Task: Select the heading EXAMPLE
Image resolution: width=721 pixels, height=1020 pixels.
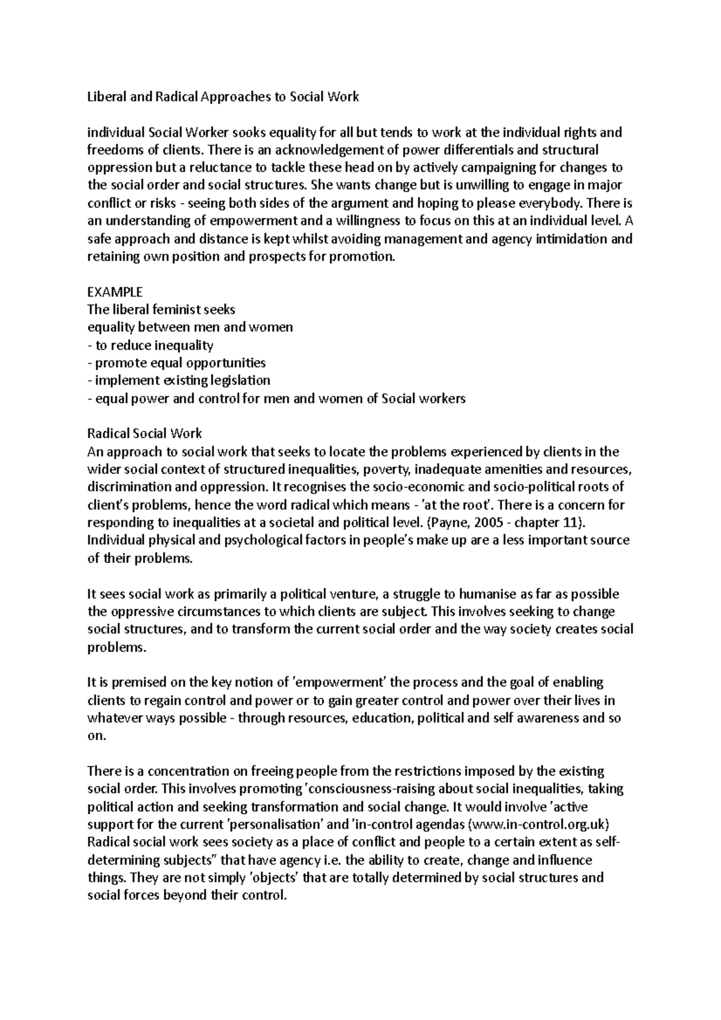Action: click(115, 292)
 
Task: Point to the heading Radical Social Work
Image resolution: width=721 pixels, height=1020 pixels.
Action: click(144, 433)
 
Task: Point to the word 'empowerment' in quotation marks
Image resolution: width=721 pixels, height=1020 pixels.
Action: click(338, 682)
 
